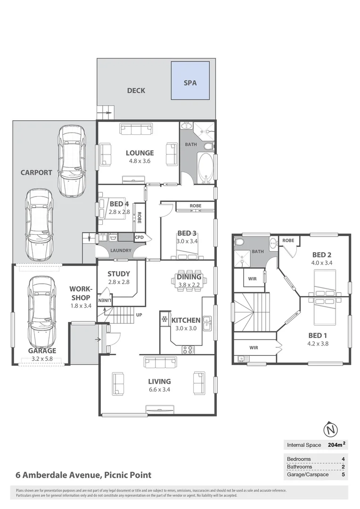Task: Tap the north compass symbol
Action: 332,430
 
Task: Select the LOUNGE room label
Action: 139,153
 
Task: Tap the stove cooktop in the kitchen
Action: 188,349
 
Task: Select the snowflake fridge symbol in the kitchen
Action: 164,320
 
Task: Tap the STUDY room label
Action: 119,274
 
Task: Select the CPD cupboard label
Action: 139,238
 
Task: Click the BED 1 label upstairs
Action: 318,335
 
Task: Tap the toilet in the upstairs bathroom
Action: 239,242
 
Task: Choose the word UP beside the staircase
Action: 139,314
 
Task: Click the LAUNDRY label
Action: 120,250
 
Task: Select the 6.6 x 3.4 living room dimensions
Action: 159,390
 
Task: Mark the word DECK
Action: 136,90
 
